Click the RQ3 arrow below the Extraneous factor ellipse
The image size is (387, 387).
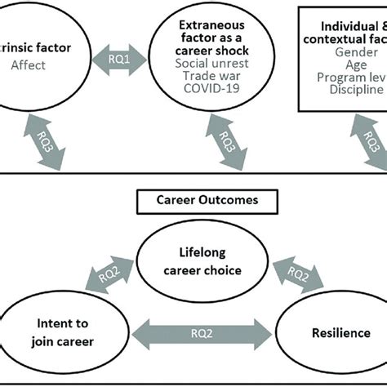point(229,142)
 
